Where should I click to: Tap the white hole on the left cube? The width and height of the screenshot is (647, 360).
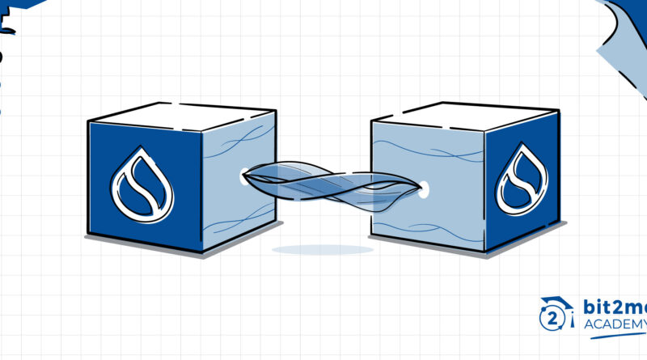(x=244, y=173)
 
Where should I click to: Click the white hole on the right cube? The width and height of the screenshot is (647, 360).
(x=423, y=192)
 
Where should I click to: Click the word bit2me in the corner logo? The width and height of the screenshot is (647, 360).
(x=611, y=308)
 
